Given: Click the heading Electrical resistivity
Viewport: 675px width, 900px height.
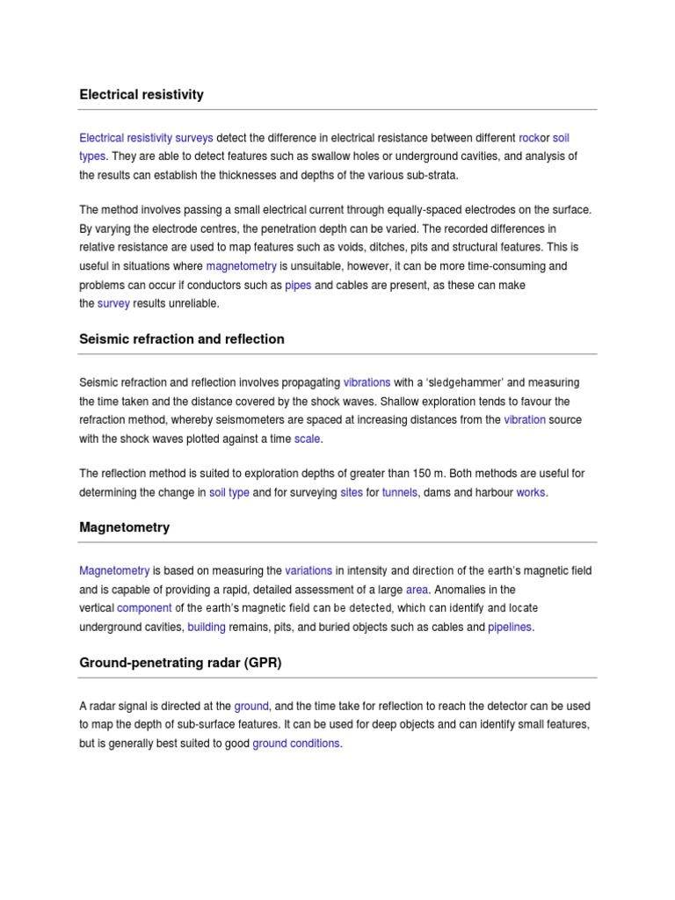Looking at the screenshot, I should pyautogui.click(x=142, y=94).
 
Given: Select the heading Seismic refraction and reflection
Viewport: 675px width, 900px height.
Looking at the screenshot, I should pyautogui.click(x=182, y=338).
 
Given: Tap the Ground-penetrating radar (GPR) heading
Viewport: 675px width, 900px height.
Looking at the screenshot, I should pyautogui.click(x=180, y=663).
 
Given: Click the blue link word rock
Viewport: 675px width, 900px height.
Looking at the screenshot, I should pyautogui.click(x=529, y=138).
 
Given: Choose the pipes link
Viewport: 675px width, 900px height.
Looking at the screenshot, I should pyautogui.click(x=299, y=286).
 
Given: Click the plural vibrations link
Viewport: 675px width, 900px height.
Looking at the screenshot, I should pyautogui.click(x=367, y=383).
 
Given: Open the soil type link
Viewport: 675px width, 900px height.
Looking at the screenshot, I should pyautogui.click(x=229, y=492).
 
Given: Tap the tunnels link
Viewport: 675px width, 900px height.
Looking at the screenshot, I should pyautogui.click(x=401, y=492).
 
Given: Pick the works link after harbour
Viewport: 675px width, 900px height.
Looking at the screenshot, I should pyautogui.click(x=531, y=492).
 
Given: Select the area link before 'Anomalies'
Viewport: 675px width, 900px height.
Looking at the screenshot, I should pyautogui.click(x=417, y=590).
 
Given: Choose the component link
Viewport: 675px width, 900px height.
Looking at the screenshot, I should pyautogui.click(x=144, y=608).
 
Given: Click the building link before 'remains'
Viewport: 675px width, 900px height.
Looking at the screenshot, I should pyautogui.click(x=207, y=627).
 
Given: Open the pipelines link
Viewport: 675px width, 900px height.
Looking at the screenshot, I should pyautogui.click(x=510, y=627).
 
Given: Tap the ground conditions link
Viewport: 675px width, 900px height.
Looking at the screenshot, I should pyautogui.click(x=295, y=744).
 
